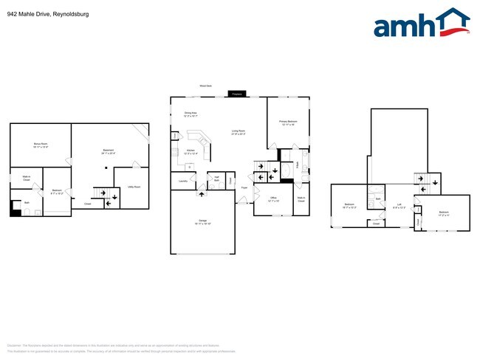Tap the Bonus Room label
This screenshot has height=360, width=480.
(x=41, y=145)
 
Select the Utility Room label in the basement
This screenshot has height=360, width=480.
(x=134, y=187)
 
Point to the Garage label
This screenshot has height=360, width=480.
(x=202, y=221)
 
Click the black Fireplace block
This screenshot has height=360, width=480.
(x=236, y=94)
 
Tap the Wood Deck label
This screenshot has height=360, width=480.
(x=205, y=86)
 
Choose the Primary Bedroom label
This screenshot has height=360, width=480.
(x=287, y=122)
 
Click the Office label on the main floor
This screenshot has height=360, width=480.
(x=272, y=199)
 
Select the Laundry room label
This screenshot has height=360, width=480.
(x=182, y=181)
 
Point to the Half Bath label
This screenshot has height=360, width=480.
(x=216, y=178)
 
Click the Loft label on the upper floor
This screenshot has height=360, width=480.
(x=399, y=206)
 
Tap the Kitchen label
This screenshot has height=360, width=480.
(x=191, y=150)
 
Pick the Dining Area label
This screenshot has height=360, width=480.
(x=191, y=114)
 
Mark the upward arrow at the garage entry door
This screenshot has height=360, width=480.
(x=202, y=195)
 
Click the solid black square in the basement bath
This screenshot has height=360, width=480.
(x=15, y=211)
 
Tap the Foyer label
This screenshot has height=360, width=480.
(x=244, y=188)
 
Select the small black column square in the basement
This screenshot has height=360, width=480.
(x=106, y=168)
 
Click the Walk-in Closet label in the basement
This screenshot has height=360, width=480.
(x=26, y=179)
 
